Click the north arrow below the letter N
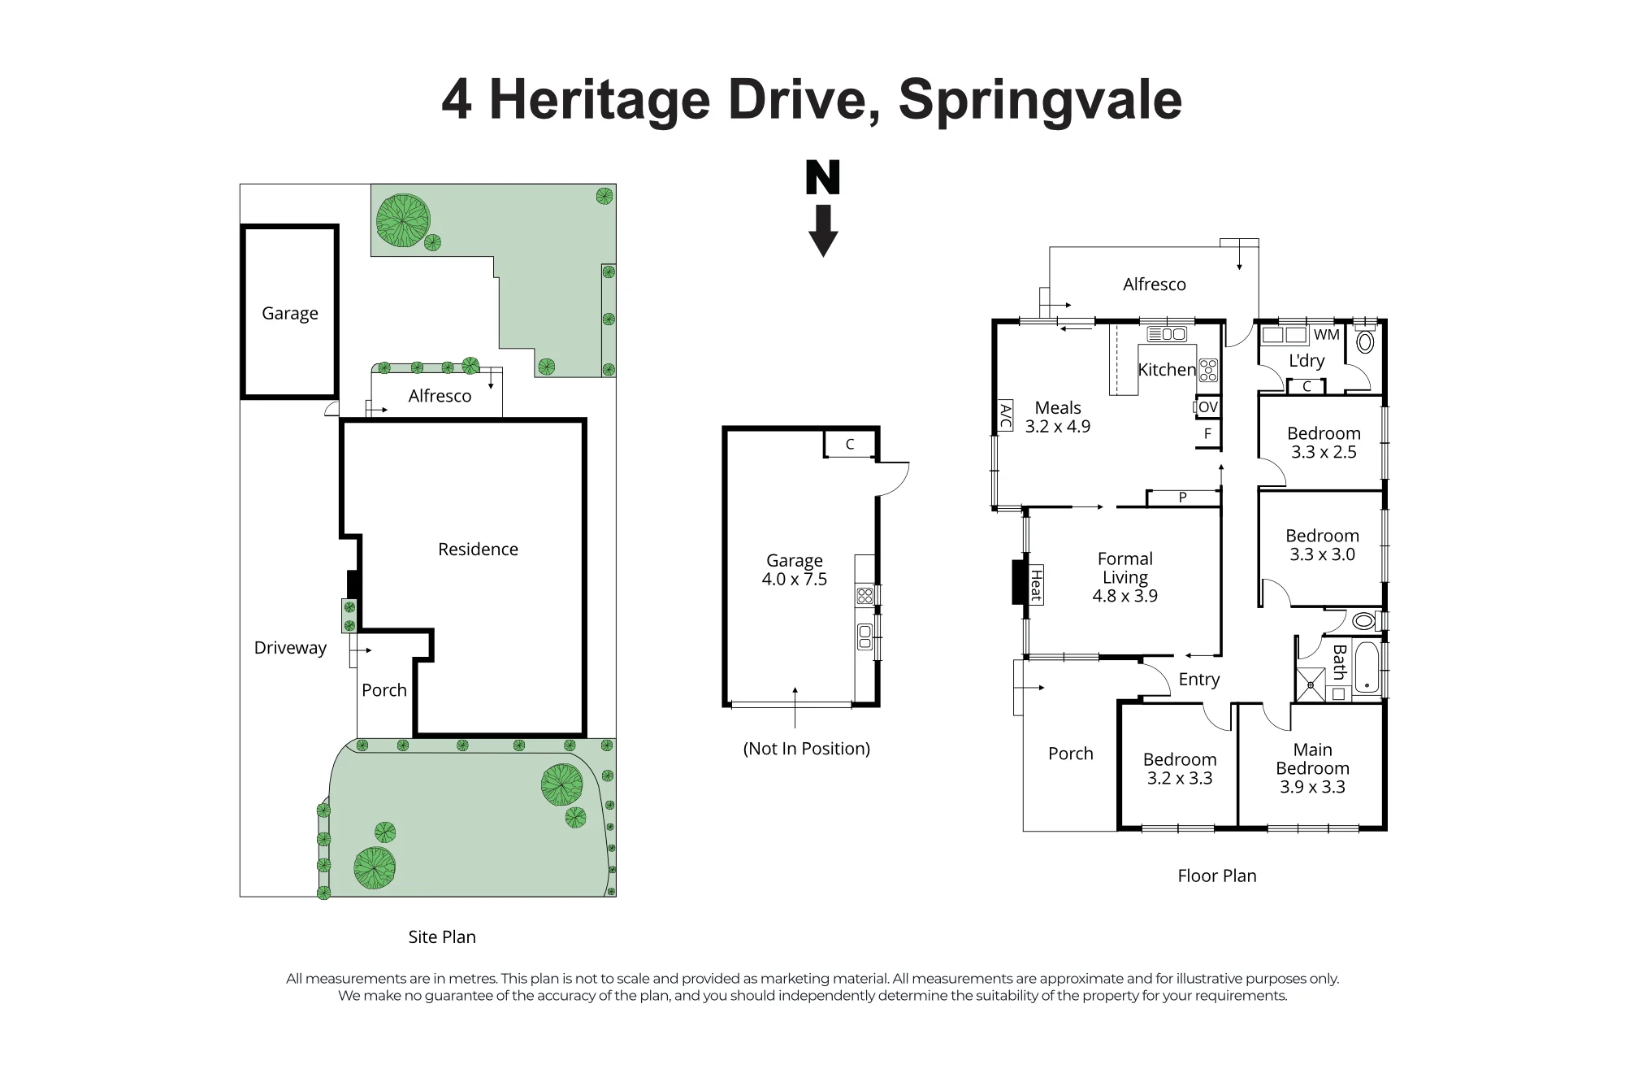click(x=823, y=231)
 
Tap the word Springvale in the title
click(x=1040, y=101)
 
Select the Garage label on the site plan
click(x=290, y=314)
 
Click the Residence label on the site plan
click(x=478, y=550)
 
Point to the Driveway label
click(x=290, y=648)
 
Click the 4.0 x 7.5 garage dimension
click(x=795, y=580)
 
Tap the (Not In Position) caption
click(x=807, y=749)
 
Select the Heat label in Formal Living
click(x=1036, y=585)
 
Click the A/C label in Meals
click(x=1005, y=416)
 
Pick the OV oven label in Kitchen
click(x=1208, y=407)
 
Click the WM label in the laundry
click(x=1326, y=334)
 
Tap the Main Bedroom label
click(x=1312, y=759)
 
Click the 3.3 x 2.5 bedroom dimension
click(x=1324, y=453)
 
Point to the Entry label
click(x=1199, y=680)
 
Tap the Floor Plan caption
click(x=1217, y=876)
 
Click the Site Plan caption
click(x=442, y=936)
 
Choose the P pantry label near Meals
click(x=1183, y=498)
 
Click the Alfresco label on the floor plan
click(x=1155, y=285)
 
